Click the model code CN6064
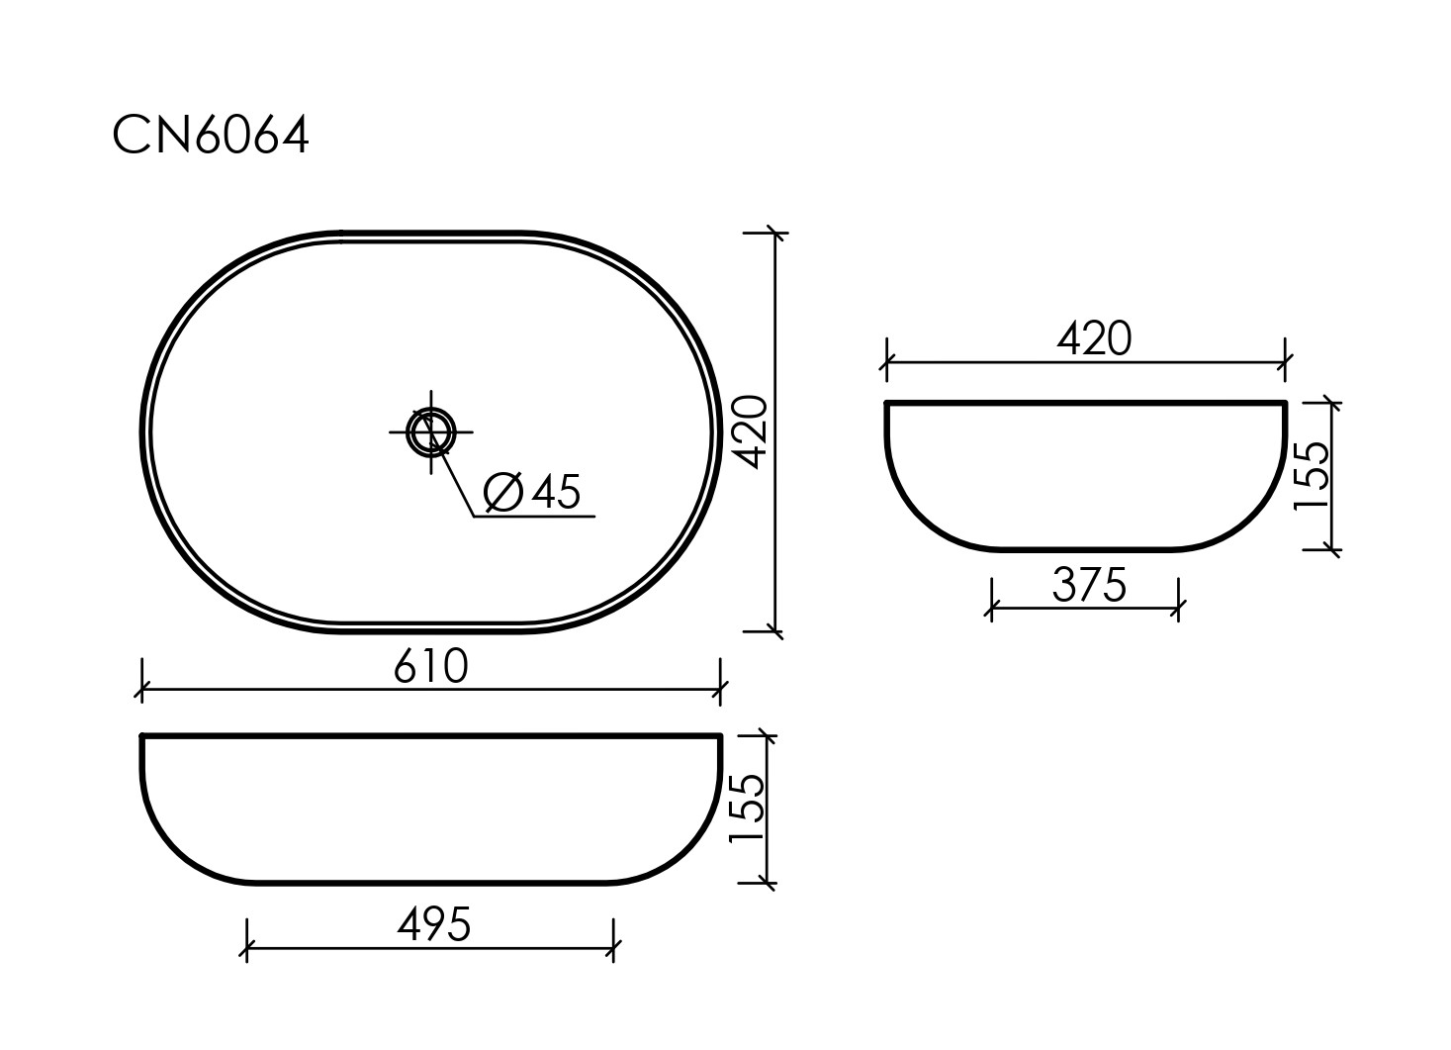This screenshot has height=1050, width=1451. point(211,135)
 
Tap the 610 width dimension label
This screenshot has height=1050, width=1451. point(431,666)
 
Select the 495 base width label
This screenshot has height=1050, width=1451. point(434,924)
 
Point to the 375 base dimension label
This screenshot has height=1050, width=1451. point(1090,585)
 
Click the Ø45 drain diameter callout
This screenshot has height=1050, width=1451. point(532,492)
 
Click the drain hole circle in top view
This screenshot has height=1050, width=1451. point(431,431)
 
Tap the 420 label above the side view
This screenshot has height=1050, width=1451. point(1094,338)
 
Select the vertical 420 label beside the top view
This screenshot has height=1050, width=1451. point(753,431)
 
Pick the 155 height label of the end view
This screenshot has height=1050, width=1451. point(1312,476)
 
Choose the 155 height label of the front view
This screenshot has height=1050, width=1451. point(747,809)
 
